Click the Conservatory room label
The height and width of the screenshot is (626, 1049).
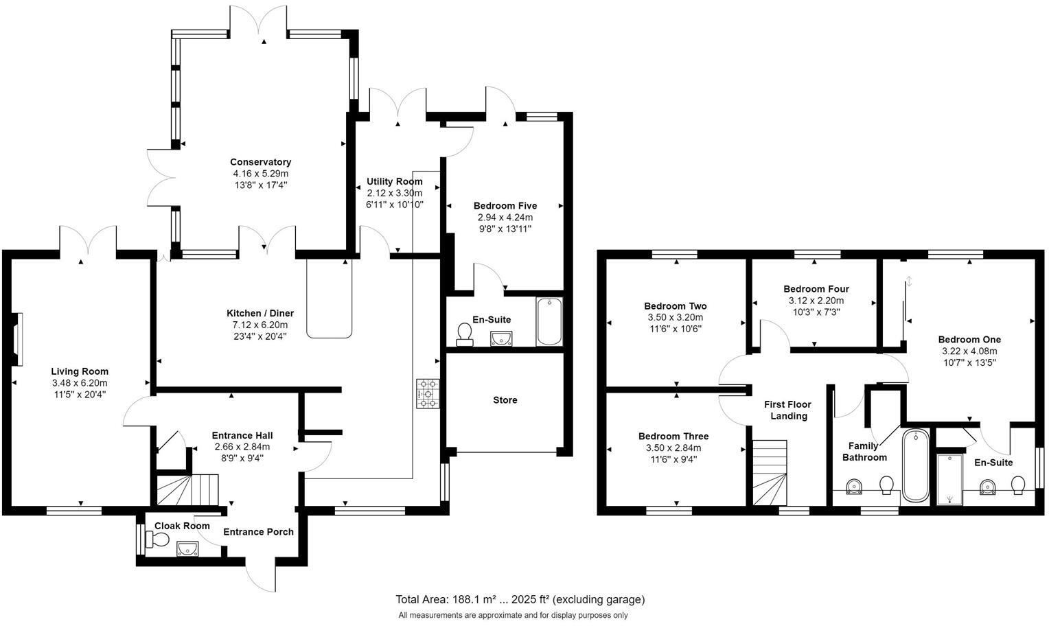260,162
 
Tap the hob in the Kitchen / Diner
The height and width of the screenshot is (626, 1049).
426,394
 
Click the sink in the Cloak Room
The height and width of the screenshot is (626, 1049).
187,548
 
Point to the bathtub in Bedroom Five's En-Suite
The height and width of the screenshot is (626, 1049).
549,321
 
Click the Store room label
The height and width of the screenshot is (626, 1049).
505,400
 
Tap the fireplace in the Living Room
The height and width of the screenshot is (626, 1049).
17,339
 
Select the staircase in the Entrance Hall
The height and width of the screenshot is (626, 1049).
187,489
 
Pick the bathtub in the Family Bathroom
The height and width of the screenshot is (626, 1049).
915,465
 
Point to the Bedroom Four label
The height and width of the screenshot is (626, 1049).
816,289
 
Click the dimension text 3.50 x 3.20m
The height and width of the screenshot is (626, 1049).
675,318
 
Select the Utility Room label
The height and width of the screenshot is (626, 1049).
394,182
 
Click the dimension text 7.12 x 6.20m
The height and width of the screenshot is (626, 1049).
260,325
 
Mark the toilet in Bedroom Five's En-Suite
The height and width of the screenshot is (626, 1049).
465,334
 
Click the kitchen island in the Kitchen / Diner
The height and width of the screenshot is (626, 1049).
330,299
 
